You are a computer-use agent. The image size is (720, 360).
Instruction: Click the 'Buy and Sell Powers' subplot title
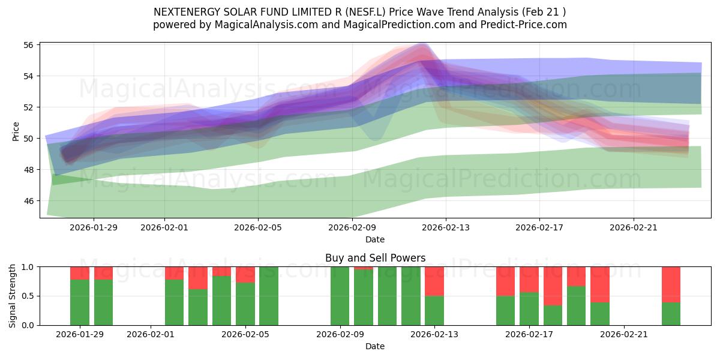pos(375,258)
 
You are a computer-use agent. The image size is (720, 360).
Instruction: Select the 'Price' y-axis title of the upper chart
pos(16,131)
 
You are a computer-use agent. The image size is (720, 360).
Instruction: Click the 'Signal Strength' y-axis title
pos(13,296)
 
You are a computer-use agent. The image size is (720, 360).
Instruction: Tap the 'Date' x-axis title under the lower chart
pos(375,346)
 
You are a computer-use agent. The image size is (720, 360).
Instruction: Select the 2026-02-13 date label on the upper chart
pos(445,227)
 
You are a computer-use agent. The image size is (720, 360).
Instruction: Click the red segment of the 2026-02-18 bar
pos(553,286)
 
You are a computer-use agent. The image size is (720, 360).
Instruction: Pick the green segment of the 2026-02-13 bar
pos(434,310)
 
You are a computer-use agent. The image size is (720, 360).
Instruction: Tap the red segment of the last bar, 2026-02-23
pos(671,284)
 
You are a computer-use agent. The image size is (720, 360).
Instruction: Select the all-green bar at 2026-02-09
pos(340,296)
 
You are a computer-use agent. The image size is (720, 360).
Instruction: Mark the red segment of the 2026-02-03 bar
pos(198,278)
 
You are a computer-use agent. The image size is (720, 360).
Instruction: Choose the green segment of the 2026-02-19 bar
pos(576,305)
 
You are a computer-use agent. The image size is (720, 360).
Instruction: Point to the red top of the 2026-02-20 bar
pos(600,284)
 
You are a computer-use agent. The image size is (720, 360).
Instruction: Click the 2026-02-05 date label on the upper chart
pos(258,227)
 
